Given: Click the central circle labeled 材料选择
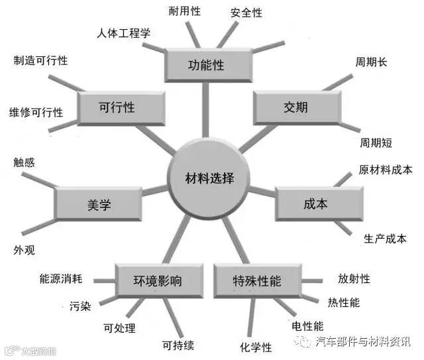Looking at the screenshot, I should pyautogui.click(x=209, y=178).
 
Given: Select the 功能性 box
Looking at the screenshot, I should pyautogui.click(x=206, y=66).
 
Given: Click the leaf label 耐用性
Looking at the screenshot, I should pyautogui.click(x=184, y=11).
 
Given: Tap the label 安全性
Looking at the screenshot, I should pyautogui.click(x=246, y=13).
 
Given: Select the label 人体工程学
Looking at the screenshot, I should pyautogui.click(x=123, y=32).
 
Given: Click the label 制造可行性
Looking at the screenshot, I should pyautogui.click(x=40, y=61).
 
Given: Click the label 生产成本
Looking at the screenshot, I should pyautogui.click(x=385, y=239).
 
